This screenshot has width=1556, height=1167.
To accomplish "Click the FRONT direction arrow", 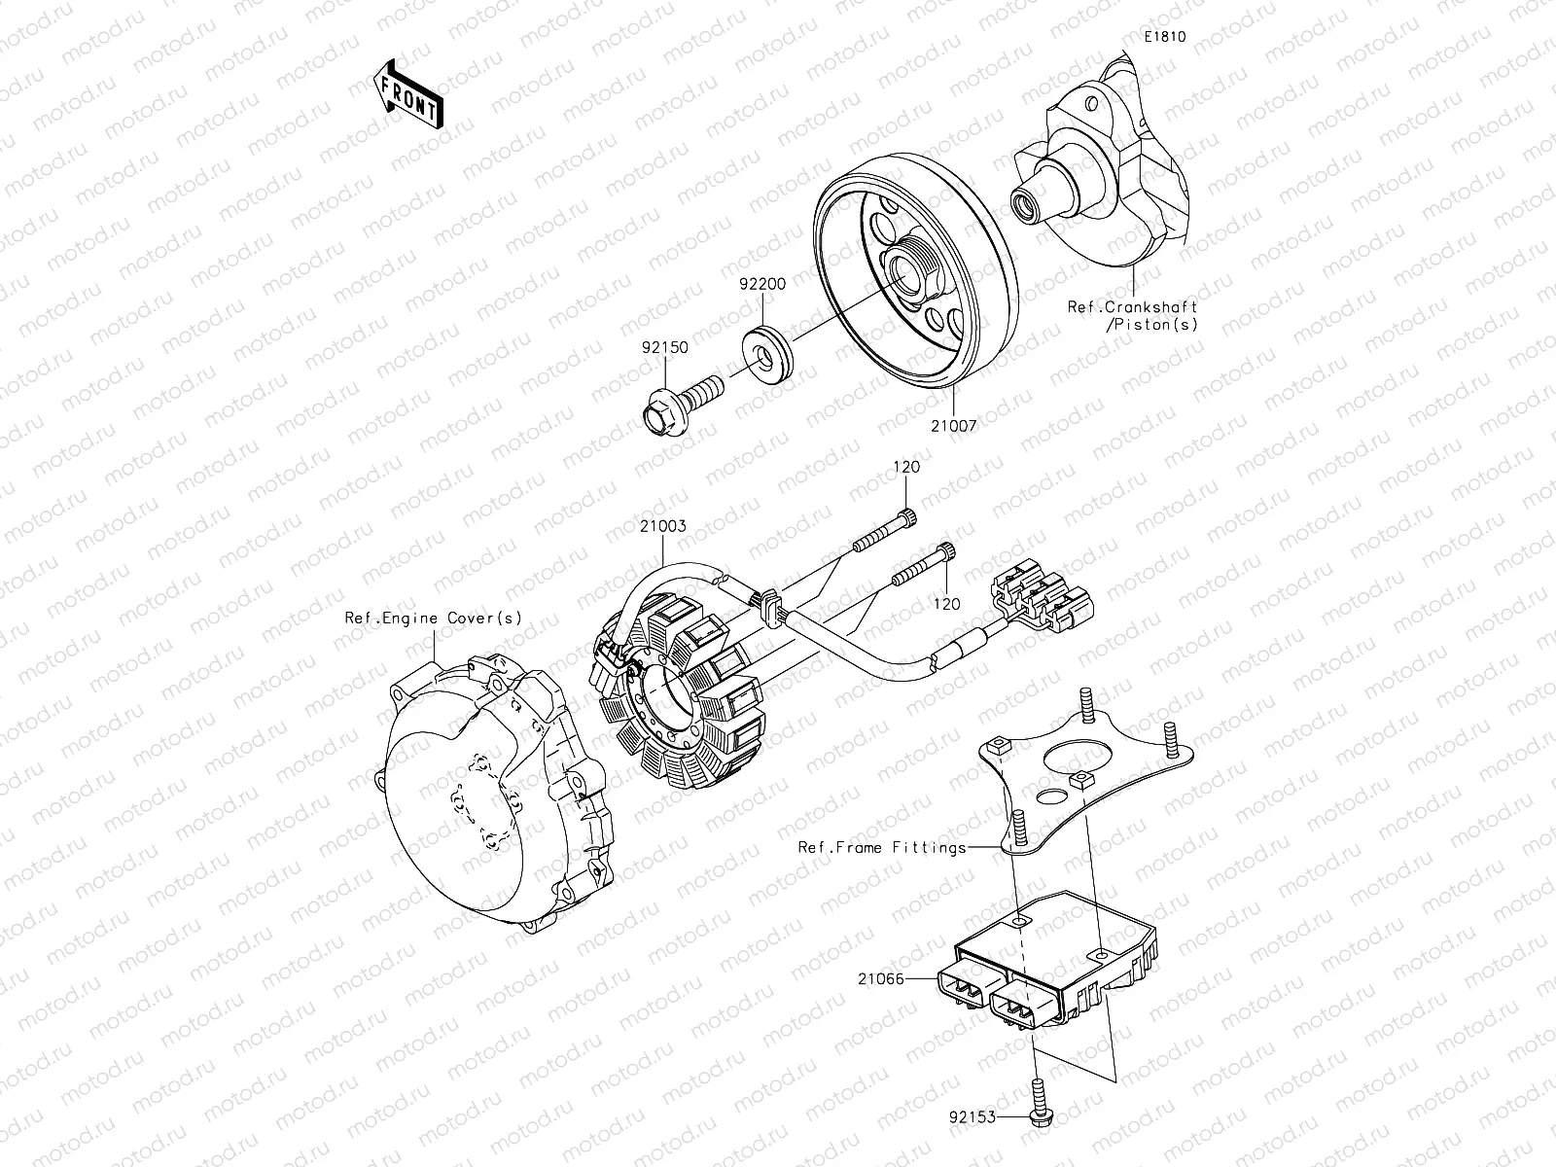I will coord(407,93).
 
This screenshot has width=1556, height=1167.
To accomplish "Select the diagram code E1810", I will coord(1164,37).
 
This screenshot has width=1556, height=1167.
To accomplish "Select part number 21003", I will coord(662,526).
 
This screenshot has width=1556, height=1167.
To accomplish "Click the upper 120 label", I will coord(906,467).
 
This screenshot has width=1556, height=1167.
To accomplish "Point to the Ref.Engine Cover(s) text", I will coord(433,618).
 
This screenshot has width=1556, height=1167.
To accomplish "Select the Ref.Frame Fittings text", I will coord(882,847).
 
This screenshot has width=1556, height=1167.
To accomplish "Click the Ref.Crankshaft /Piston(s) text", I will coord(1132,315).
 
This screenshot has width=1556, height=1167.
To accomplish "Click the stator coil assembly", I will coord(681,705).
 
